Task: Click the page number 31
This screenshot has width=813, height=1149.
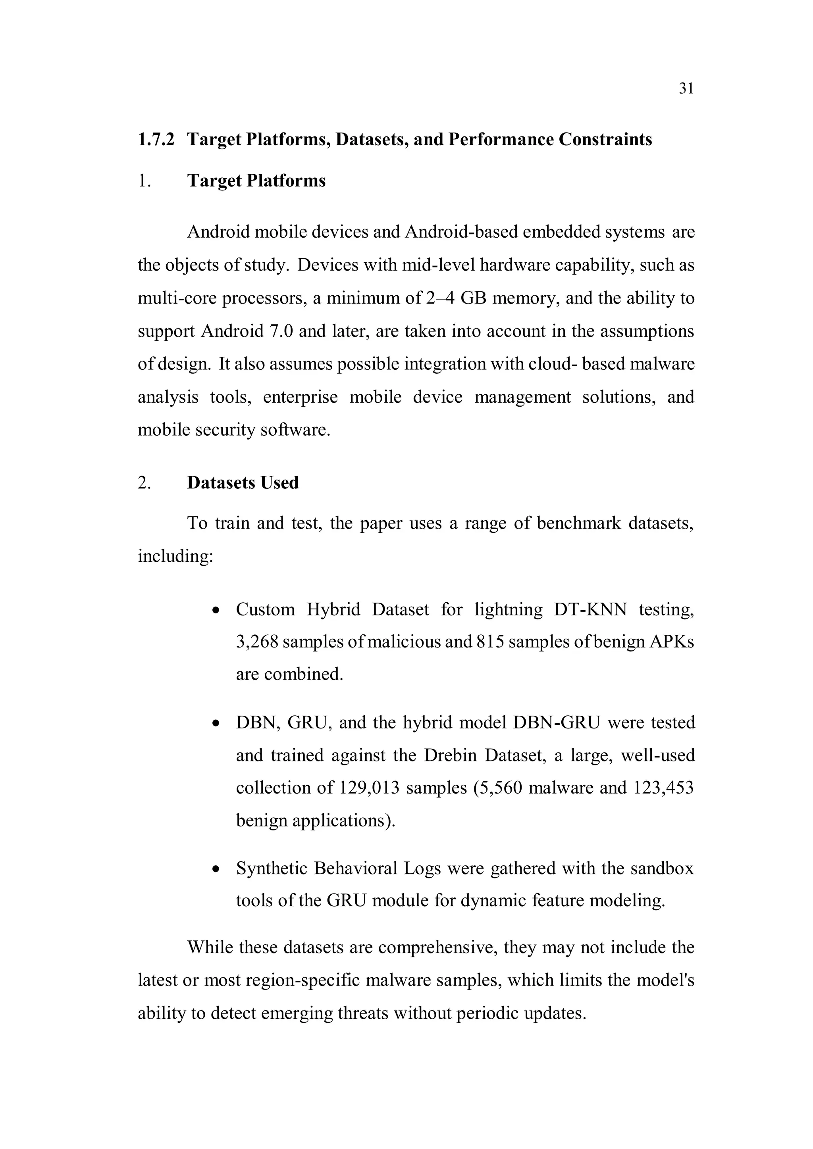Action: (686, 88)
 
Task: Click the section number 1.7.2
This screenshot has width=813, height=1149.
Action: (156, 139)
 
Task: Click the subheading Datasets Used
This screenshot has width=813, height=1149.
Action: (243, 482)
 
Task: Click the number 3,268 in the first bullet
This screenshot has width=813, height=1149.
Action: (257, 642)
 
